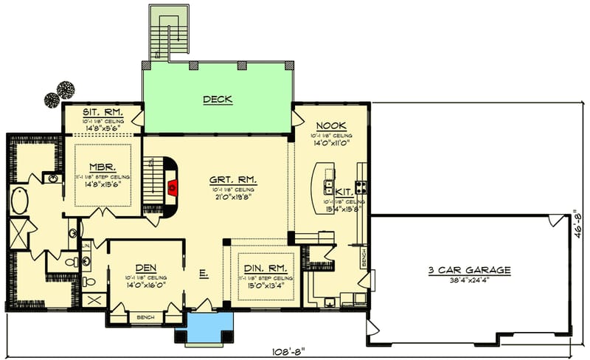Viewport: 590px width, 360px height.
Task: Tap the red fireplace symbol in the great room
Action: (x=172, y=188)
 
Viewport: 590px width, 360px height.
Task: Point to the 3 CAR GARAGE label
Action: (x=469, y=270)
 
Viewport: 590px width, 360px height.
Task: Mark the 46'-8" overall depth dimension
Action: (x=580, y=224)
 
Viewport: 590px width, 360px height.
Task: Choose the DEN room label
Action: (x=145, y=268)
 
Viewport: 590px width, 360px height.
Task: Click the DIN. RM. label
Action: (x=263, y=268)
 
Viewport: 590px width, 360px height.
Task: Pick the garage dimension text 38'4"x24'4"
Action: (x=469, y=280)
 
